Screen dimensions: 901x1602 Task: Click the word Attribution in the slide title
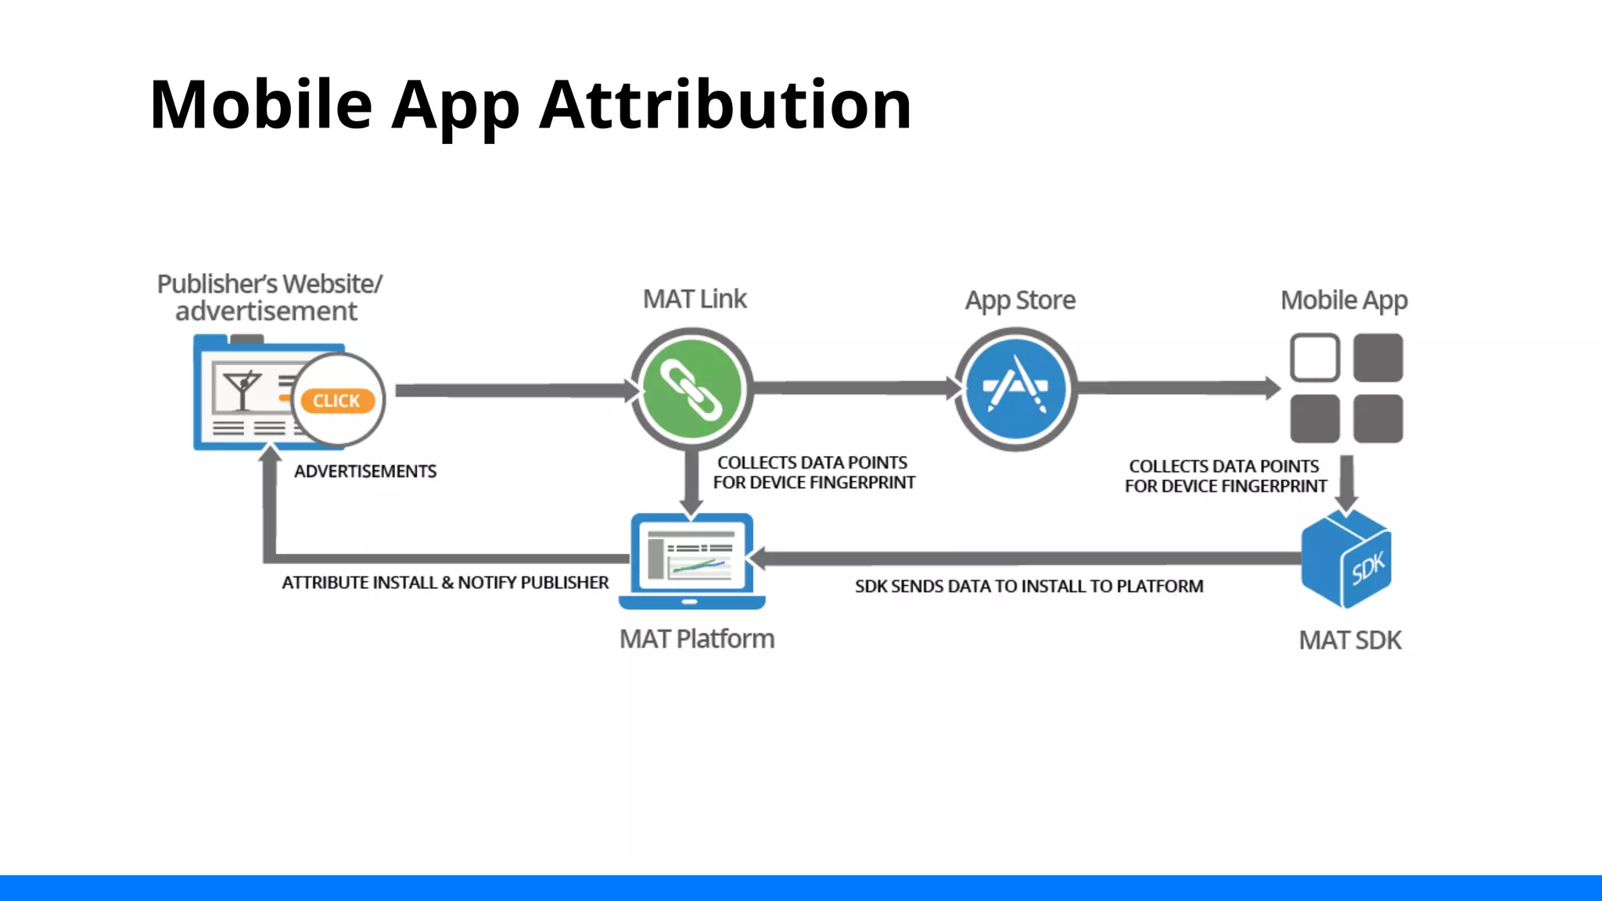[725, 105]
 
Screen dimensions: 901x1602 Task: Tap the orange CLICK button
[337, 400]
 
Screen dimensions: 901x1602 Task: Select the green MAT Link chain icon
[691, 389]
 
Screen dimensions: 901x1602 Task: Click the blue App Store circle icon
[1015, 389]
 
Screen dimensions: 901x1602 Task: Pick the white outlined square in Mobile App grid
[1314, 357]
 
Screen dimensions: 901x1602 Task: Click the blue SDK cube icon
[1346, 558]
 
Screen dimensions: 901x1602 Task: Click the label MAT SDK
[1349, 641]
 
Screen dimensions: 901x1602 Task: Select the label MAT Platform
[696, 639]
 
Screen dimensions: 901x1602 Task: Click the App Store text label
[1019, 300]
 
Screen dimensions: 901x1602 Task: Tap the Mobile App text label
[1343, 300]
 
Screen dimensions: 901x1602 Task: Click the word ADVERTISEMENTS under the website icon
[365, 472]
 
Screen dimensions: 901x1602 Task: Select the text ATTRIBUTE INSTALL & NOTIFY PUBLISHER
[444, 583]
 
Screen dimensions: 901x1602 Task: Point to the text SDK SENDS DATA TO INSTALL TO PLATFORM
[1028, 587]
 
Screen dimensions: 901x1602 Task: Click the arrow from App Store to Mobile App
[1177, 388]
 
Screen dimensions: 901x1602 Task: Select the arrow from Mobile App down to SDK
[1346, 481]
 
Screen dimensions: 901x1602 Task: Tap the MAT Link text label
[694, 299]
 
